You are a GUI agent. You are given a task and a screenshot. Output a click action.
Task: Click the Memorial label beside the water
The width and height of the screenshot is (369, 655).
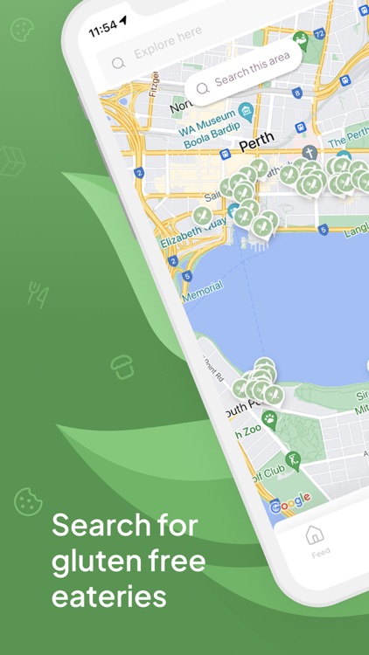(202, 290)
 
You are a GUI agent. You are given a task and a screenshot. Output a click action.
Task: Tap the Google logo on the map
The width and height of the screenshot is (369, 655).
(290, 501)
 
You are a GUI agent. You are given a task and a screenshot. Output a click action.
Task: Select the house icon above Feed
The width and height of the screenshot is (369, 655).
(315, 534)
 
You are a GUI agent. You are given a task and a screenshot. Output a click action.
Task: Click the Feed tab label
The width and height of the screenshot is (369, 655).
(321, 553)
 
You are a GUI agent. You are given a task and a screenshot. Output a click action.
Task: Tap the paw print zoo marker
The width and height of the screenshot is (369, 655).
(270, 420)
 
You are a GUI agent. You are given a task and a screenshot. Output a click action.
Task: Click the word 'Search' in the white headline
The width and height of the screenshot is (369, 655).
(95, 526)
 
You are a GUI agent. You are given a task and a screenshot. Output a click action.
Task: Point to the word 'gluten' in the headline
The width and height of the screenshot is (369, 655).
(92, 561)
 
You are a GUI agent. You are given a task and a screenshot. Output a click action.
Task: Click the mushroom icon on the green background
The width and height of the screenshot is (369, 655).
(122, 367)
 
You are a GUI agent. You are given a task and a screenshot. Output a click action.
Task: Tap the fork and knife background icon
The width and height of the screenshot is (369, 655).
(38, 294)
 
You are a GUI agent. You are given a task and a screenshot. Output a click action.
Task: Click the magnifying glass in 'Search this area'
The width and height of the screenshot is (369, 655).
(203, 86)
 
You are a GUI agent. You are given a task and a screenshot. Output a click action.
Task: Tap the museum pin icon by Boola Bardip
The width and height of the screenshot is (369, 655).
(246, 111)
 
